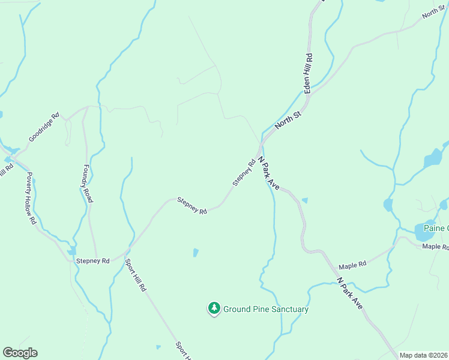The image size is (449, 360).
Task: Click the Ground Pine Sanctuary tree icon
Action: [214, 308]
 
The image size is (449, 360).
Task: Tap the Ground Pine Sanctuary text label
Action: [266, 310]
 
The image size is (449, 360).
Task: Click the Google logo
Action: [20, 353]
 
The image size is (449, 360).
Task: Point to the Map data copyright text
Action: [424, 355]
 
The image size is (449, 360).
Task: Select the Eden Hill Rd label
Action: [309, 73]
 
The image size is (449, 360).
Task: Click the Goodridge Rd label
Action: [44, 127]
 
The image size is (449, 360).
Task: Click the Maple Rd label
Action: [352, 266]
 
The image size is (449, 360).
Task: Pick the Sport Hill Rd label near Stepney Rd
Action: [135, 275]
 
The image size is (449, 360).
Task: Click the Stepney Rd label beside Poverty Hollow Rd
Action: [93, 261]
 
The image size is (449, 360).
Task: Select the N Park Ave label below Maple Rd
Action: [350, 293]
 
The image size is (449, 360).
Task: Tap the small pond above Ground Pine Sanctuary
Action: [196, 253]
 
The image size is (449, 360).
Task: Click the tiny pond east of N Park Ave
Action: [305, 200]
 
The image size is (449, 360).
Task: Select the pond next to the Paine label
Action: [423, 231]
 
